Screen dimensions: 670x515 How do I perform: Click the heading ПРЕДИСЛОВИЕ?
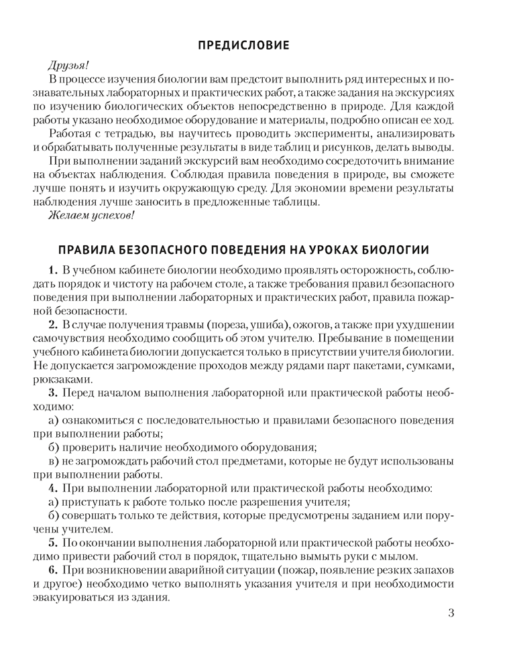click(x=244, y=46)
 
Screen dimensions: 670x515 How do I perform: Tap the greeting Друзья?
click(x=68, y=66)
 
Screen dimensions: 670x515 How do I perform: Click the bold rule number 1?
click(x=53, y=271)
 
